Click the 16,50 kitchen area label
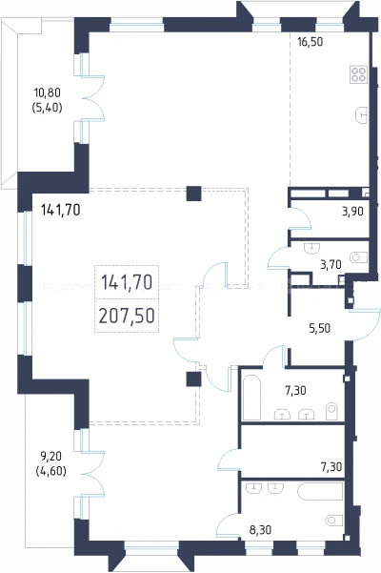[x=311, y=42]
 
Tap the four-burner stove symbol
[x=358, y=74]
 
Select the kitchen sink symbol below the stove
[x=361, y=115]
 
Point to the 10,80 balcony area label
[x=48, y=92]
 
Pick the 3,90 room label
[x=352, y=212]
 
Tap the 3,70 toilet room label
[x=331, y=264]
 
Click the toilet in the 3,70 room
[x=358, y=257]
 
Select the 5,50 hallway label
[x=320, y=328]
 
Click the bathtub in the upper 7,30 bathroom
[x=251, y=398]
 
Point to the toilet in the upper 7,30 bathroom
[x=331, y=411]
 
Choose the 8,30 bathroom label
[x=260, y=529]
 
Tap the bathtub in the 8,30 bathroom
[x=320, y=491]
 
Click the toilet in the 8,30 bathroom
[x=334, y=520]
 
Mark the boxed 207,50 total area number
[x=127, y=316]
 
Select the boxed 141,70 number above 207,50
[x=127, y=282]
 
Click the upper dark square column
[x=193, y=194]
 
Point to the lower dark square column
[x=193, y=379]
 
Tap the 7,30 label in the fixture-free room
[x=331, y=466]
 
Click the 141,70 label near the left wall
[x=61, y=210]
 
